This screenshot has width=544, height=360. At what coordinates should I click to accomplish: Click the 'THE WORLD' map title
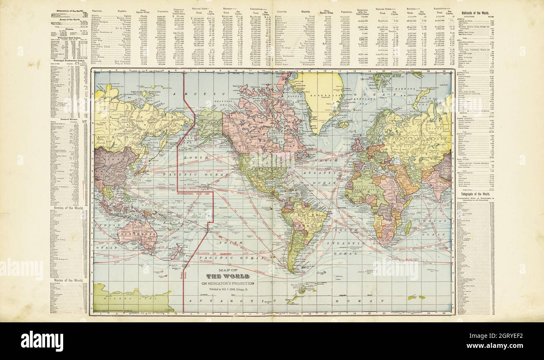point(229,276)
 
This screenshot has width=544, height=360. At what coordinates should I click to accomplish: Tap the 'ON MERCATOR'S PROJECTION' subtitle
point(229,284)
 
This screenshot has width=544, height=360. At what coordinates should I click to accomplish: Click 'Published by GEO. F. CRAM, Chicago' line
point(229,290)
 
